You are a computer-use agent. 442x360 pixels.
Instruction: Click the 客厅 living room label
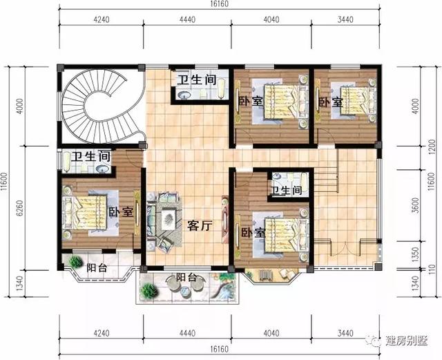pyautogui.click(x=199, y=225)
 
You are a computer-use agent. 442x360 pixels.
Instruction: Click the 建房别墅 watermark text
pyautogui.click(x=407, y=340)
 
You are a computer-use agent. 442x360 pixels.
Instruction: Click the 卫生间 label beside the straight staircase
pyautogui.click(x=285, y=190)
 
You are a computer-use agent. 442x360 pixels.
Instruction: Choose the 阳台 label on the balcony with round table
pyautogui.click(x=185, y=278)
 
